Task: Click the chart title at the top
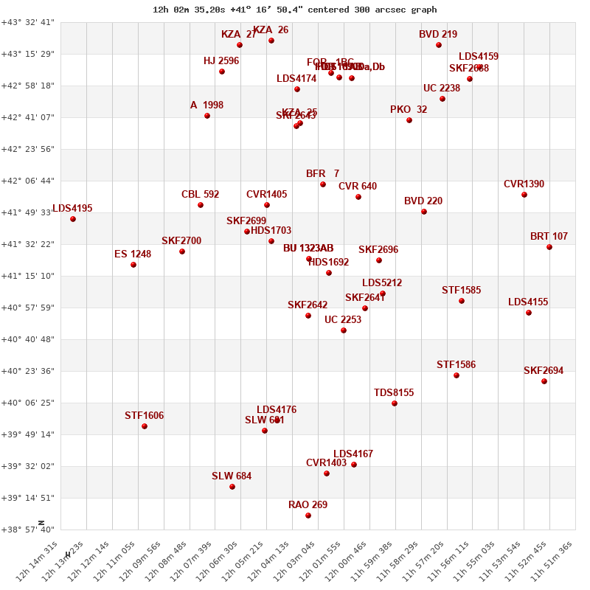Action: coord(295,10)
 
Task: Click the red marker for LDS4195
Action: coord(73,219)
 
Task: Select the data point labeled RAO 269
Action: coord(308,516)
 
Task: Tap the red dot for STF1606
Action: coord(145,426)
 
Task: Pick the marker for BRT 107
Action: coord(549,247)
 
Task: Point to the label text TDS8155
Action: coord(394,393)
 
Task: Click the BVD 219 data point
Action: coord(439,45)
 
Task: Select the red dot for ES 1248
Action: coord(133,265)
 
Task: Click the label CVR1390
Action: coord(524,184)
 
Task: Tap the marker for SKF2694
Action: coord(544,381)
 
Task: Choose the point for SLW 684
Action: coord(232,487)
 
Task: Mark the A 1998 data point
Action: coord(207,116)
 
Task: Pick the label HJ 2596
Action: coord(221,61)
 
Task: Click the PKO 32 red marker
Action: coord(409,120)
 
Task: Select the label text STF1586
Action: coord(456,365)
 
